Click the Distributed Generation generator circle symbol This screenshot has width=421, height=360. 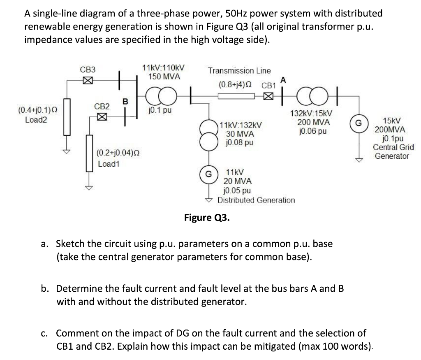(x=209, y=174)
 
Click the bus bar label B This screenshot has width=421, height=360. (x=125, y=101)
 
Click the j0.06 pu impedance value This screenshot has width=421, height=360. (x=311, y=132)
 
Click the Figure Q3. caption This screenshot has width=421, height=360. (x=207, y=217)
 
